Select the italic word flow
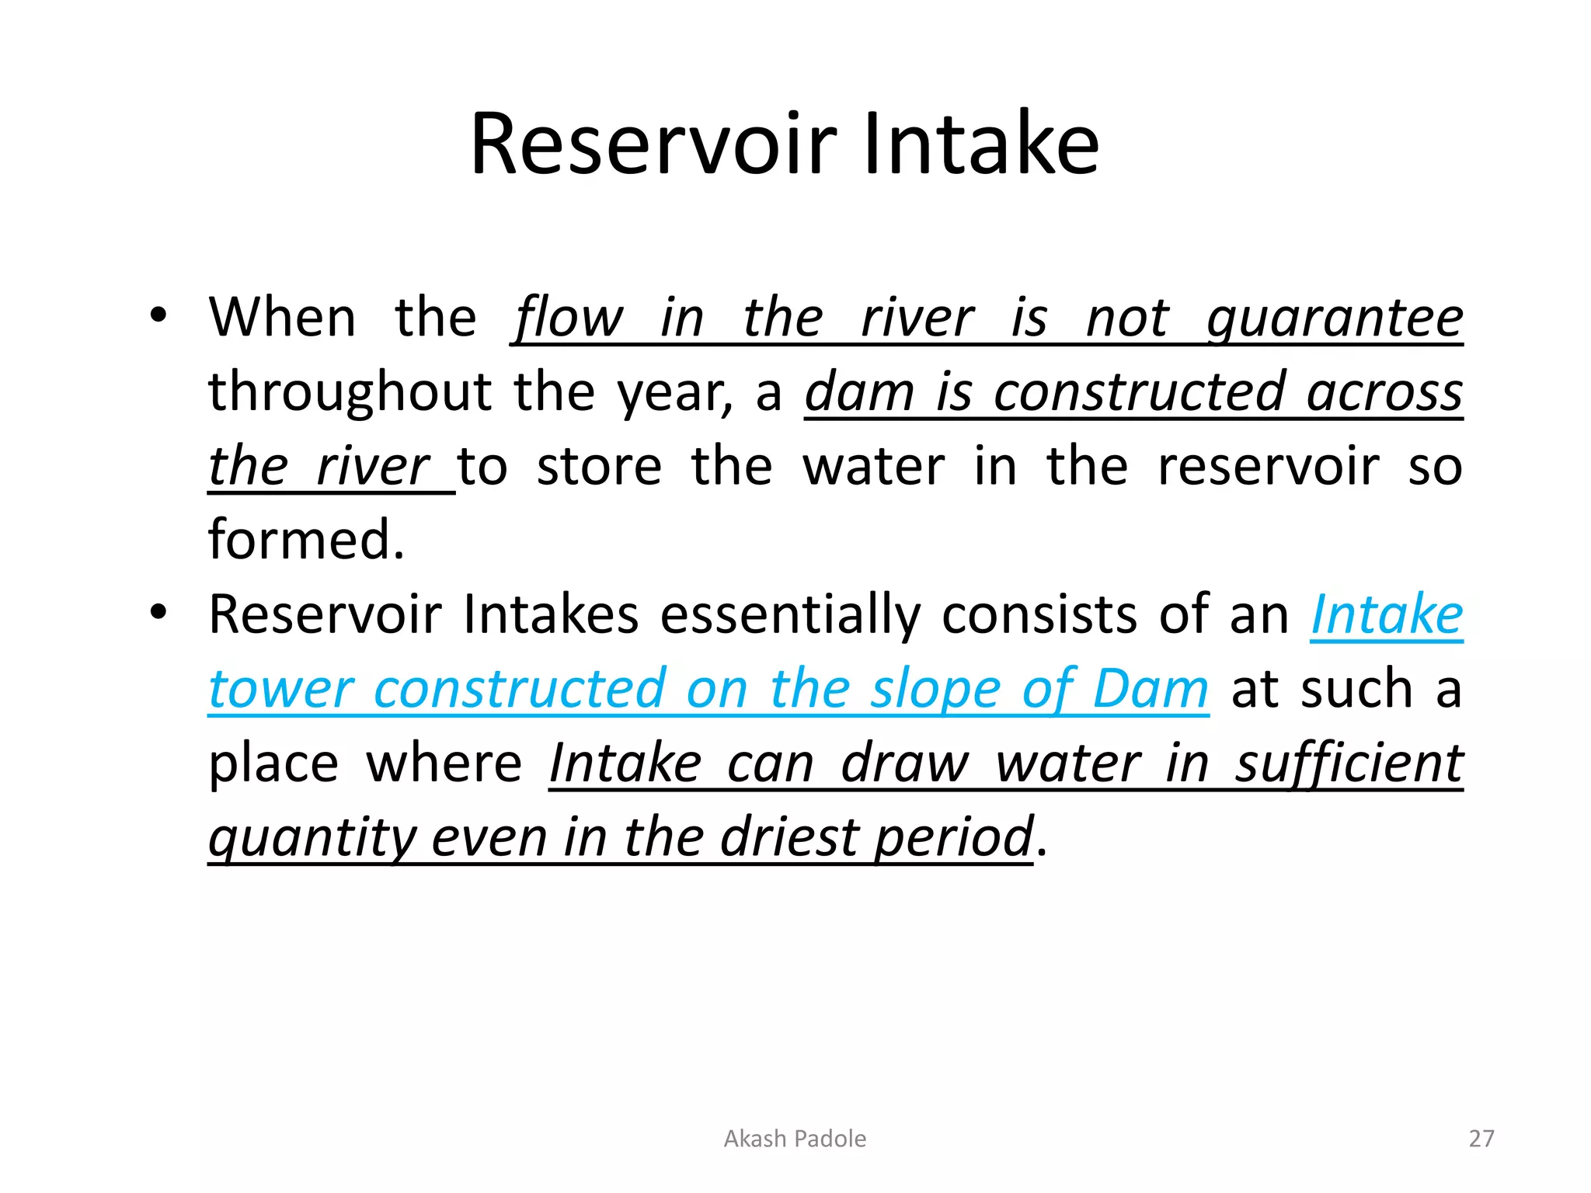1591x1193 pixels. point(568,319)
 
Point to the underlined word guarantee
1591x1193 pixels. point(1335,319)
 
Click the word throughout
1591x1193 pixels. point(350,392)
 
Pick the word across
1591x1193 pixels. point(1384,392)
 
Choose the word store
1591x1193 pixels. point(599,467)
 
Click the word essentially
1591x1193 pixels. point(790,615)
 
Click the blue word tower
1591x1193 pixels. point(281,690)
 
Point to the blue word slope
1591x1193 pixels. point(934,690)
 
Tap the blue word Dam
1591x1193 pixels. point(1151,690)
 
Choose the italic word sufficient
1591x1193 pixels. point(1349,763)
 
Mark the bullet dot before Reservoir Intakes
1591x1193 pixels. point(158,614)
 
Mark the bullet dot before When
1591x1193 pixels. point(158,316)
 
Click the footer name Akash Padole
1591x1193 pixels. point(795,1139)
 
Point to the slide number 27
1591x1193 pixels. point(1481,1139)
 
